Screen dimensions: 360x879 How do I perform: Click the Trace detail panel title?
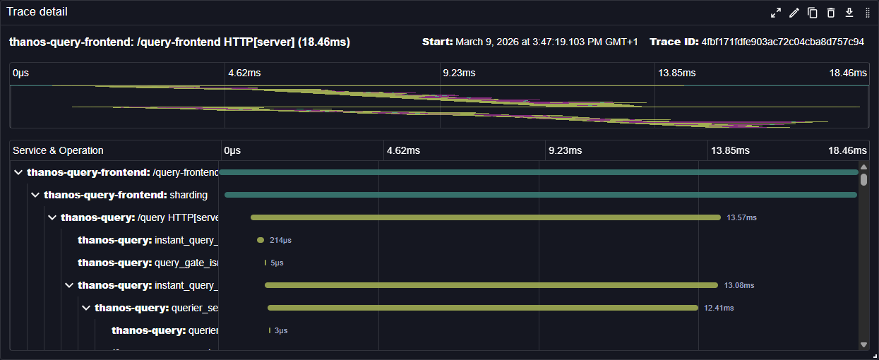pos(37,12)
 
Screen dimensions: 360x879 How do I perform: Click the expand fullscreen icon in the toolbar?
pos(776,13)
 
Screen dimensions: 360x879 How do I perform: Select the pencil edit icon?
pos(794,13)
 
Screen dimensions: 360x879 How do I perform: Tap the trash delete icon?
pos(831,13)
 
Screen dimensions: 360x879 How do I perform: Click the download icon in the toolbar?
pos(849,13)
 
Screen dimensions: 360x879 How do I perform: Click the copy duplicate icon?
pos(813,13)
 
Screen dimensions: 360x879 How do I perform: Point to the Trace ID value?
pos(782,42)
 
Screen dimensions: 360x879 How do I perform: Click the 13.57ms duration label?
pos(741,217)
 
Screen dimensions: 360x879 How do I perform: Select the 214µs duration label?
pos(280,240)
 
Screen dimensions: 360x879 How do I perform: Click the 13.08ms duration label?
pos(739,285)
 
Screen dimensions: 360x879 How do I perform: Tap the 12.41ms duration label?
pos(719,308)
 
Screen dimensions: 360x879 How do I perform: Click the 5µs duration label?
pos(277,263)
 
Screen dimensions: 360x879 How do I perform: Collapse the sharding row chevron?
pos(35,195)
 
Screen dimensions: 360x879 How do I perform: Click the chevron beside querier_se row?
pos(86,308)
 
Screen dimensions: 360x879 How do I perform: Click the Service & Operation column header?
pos(58,150)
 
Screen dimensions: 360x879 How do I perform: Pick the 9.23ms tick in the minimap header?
pos(458,73)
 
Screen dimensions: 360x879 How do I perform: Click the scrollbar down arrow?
pos(863,344)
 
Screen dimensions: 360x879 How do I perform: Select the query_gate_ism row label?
pos(148,263)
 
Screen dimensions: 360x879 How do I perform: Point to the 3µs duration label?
pos(281,330)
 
